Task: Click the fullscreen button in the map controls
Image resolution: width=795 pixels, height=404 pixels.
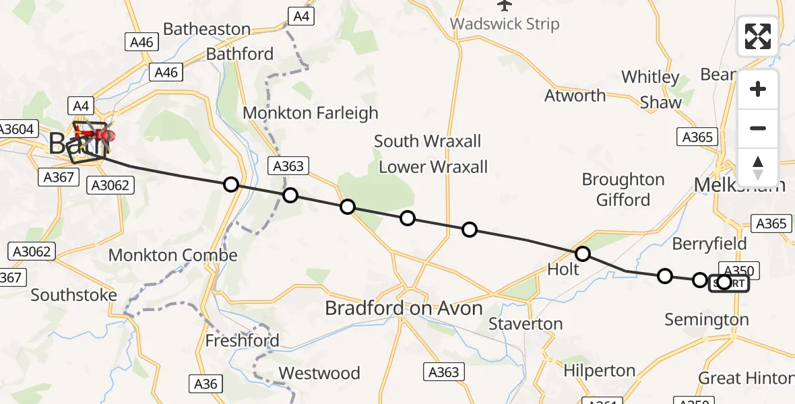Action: click(758, 36)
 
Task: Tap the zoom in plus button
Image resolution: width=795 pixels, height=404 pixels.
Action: click(758, 89)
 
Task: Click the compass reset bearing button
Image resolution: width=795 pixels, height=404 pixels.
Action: click(758, 167)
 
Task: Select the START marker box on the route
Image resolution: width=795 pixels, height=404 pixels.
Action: click(729, 283)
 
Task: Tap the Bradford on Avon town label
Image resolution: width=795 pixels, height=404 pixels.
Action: click(404, 308)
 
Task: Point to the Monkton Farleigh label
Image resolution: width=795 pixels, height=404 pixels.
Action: click(311, 113)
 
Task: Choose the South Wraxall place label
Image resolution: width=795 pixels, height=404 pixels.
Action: click(428, 141)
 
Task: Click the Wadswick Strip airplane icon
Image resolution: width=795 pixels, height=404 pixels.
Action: click(505, 5)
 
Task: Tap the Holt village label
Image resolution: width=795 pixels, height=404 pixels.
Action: click(563, 269)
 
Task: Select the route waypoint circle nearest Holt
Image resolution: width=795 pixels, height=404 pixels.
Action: click(583, 254)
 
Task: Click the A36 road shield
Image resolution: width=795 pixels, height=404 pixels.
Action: click(205, 384)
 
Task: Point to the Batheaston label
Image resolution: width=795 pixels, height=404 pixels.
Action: click(207, 29)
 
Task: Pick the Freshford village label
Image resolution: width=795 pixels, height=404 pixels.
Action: click(242, 341)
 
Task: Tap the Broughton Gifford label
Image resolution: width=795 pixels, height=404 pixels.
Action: click(623, 190)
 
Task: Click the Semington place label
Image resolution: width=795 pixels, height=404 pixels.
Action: click(707, 320)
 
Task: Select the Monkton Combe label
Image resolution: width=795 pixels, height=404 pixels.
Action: click(173, 255)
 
